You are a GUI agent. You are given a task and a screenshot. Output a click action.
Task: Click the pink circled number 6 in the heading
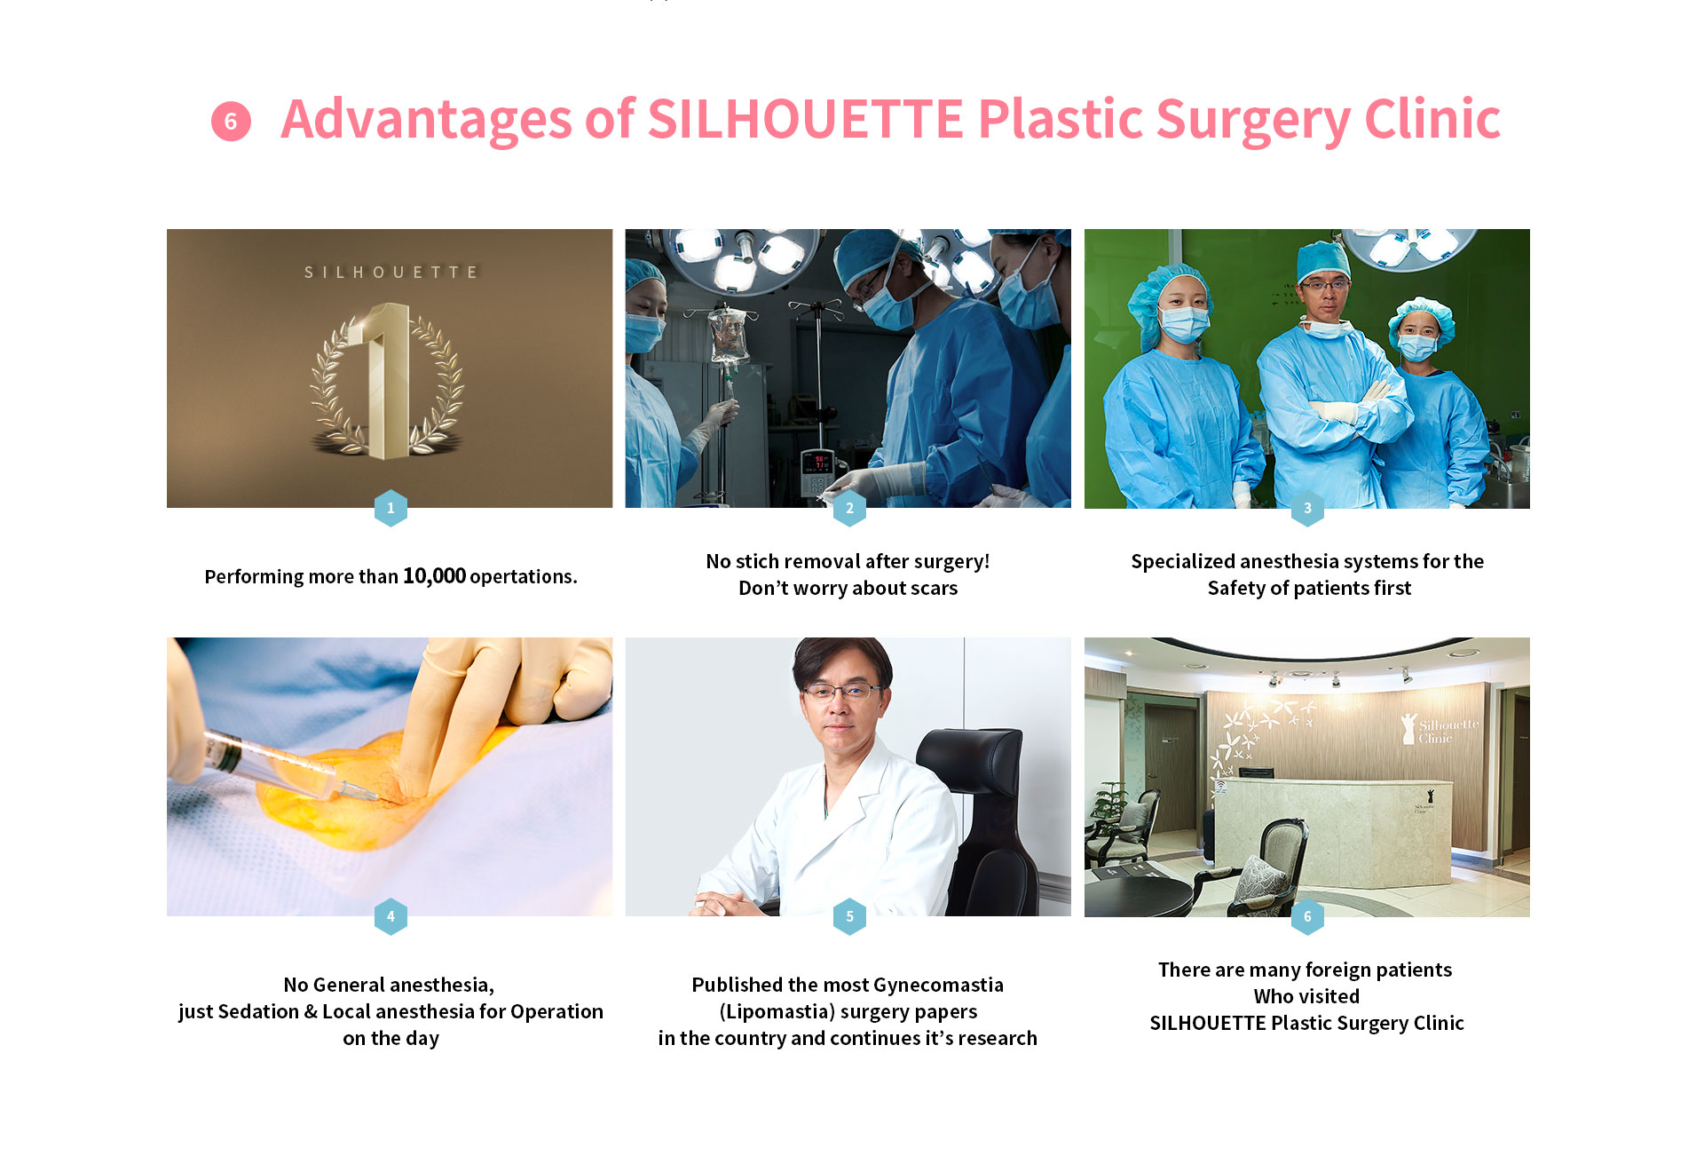click(231, 122)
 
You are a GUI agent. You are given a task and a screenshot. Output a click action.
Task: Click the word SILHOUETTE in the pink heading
click(806, 119)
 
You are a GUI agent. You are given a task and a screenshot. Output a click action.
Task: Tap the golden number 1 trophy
click(387, 382)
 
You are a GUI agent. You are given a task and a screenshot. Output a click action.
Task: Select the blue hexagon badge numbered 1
click(390, 508)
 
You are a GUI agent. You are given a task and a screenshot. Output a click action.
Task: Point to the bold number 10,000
click(434, 575)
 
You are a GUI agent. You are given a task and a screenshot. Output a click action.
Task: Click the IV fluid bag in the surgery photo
click(728, 337)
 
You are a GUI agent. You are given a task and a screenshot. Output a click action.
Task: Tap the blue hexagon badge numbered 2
click(849, 508)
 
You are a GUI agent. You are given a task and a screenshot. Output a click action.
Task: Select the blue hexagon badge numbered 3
click(1307, 508)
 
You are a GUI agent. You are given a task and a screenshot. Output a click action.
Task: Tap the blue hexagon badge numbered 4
click(390, 916)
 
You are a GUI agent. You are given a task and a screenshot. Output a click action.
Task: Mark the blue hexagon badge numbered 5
click(849, 916)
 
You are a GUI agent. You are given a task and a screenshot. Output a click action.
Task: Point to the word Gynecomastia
click(938, 985)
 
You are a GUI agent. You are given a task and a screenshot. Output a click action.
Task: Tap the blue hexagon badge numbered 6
click(1307, 916)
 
